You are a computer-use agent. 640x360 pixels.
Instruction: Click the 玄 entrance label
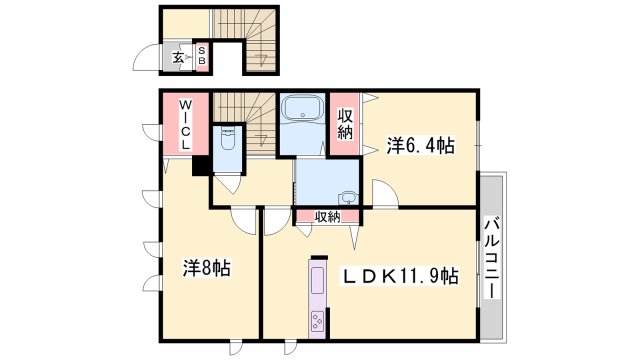coord(178,58)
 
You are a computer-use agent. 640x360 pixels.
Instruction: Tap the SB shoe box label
coord(200,57)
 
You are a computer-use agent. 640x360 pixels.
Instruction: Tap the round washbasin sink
coord(346,196)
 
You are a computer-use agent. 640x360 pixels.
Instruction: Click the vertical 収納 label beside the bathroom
coord(346,122)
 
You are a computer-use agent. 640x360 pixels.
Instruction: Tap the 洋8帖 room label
coord(207,268)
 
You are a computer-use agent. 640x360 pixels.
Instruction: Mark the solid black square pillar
coord(200,167)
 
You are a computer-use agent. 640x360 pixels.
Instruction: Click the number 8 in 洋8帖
coord(206,268)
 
